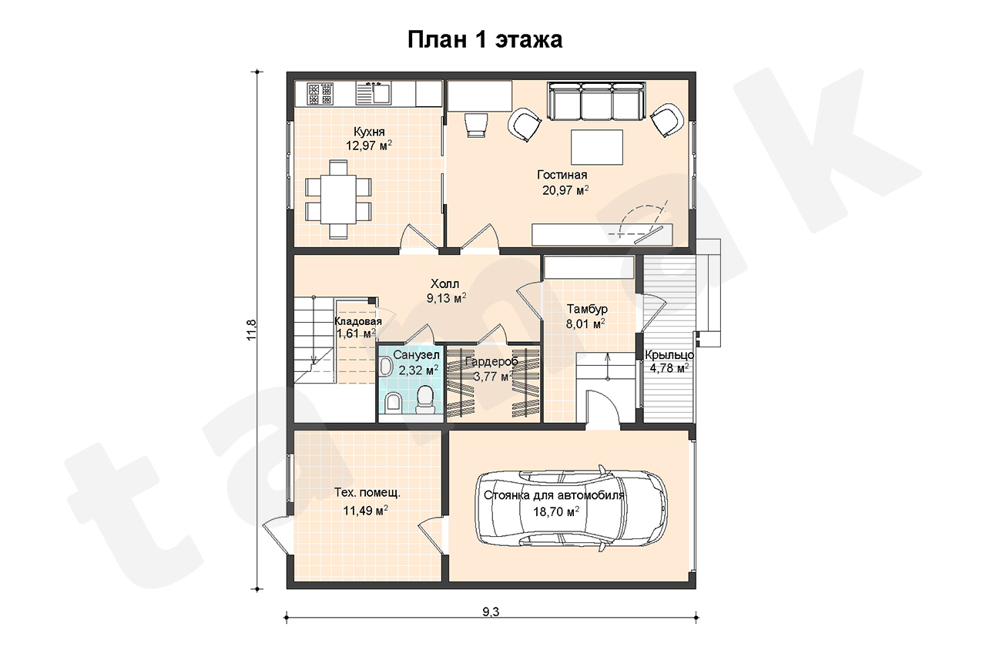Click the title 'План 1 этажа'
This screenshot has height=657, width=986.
(485, 39)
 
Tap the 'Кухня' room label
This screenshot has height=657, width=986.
(369, 132)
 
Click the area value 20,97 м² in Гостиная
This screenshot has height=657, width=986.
(565, 190)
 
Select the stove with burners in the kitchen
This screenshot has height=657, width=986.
(320, 94)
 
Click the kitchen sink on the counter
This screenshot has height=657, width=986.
(374, 93)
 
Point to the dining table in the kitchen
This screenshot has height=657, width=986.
(338, 199)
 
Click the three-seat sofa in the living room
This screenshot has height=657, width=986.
(596, 101)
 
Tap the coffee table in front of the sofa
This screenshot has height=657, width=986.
(597, 147)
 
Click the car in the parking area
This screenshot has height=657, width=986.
(571, 508)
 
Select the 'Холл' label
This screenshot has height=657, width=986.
(444, 283)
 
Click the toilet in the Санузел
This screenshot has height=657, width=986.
(424, 400)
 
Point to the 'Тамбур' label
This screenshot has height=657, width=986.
(587, 309)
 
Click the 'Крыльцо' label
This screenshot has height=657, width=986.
(669, 354)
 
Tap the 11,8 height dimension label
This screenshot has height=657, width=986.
(251, 330)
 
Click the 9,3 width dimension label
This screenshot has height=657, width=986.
(491, 612)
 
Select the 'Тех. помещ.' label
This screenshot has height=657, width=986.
(367, 493)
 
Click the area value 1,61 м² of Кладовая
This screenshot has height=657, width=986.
(356, 334)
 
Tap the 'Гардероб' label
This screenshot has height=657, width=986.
(491, 362)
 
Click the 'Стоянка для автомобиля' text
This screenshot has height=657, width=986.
(554, 495)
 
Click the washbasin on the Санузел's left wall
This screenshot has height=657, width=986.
(386, 367)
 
